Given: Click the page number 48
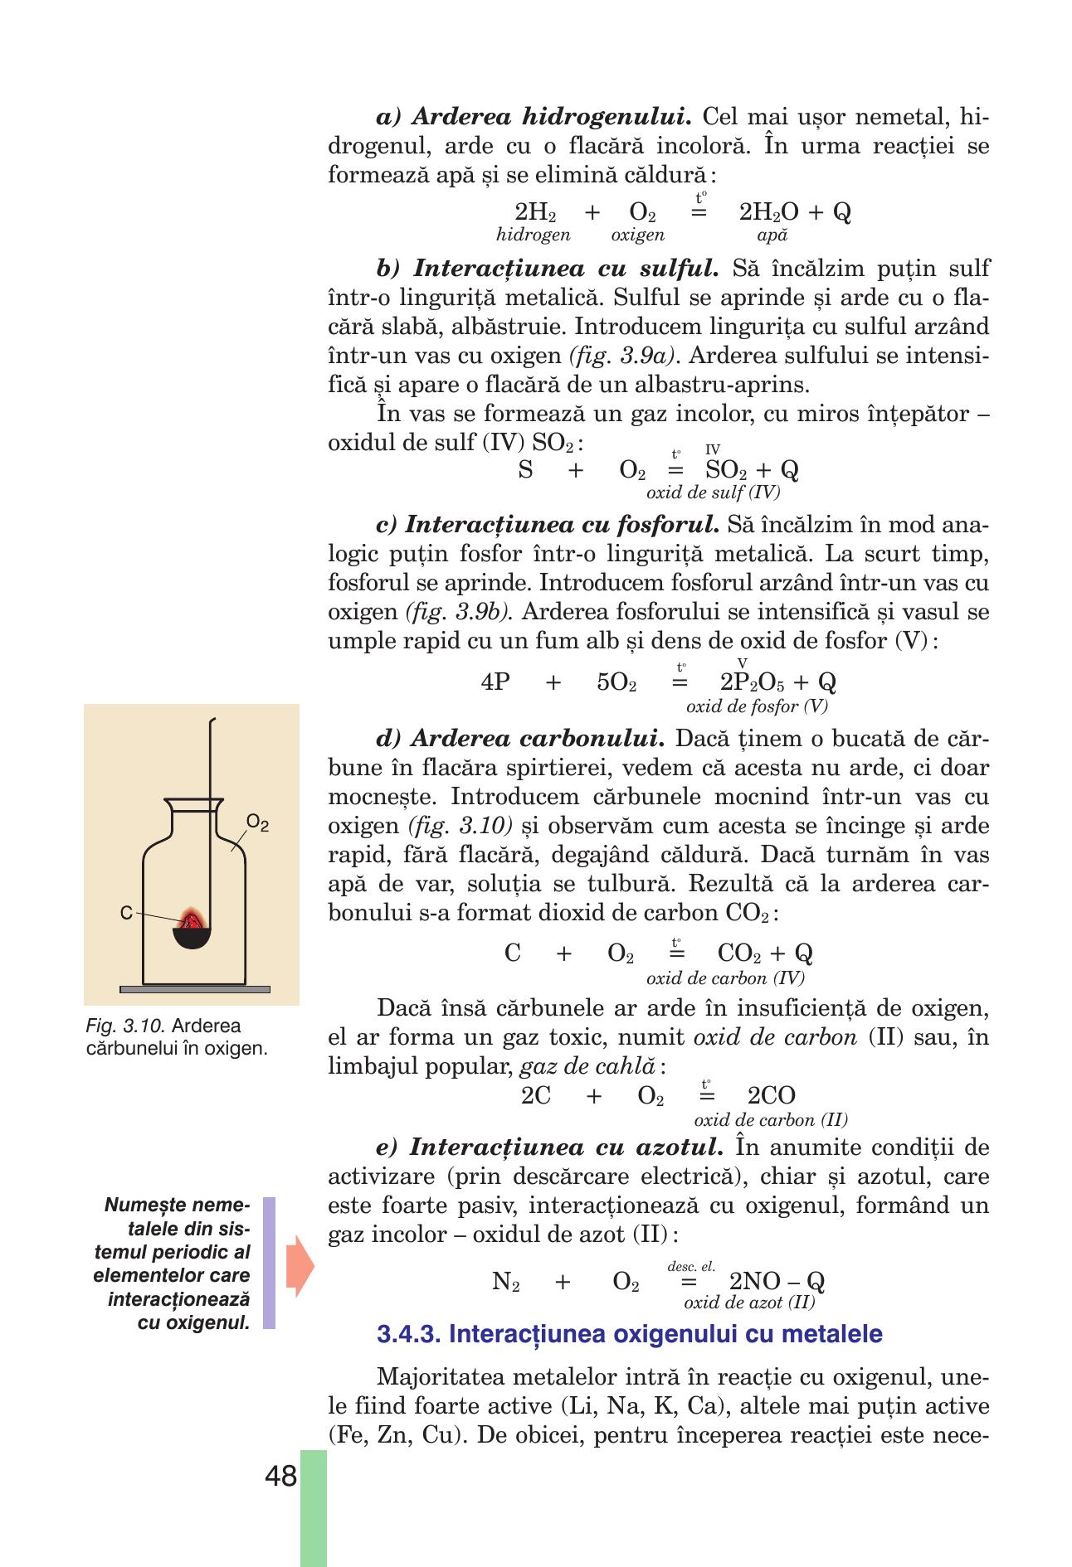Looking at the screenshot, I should [280, 1477].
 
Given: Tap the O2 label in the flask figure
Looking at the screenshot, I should [258, 824].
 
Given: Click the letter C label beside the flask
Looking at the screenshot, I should [125, 913].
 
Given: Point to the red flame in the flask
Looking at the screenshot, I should [193, 918].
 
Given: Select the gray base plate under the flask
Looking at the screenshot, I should [195, 989].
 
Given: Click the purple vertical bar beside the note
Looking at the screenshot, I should [269, 1263].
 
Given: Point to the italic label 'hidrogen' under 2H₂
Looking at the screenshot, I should [534, 235].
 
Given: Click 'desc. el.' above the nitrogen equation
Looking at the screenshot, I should [690, 1266].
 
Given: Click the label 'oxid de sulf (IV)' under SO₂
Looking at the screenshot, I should [713, 492].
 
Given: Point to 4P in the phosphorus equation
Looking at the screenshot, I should [495, 682].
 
